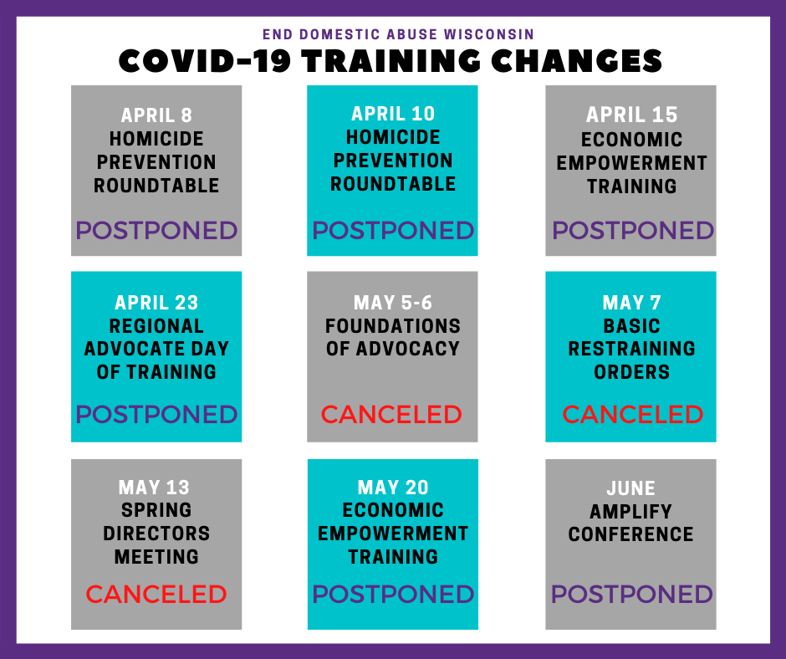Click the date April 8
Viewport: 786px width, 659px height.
[156, 115]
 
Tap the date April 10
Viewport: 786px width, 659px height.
[393, 114]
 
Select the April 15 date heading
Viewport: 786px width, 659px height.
[631, 115]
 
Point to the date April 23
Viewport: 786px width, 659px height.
[156, 303]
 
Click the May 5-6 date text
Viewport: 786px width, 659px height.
[392, 303]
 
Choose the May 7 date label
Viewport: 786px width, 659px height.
[631, 303]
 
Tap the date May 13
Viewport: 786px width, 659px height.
[154, 488]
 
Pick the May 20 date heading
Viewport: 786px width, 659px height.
[393, 488]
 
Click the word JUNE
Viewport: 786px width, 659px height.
[631, 488]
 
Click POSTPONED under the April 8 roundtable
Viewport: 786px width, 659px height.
[156, 230]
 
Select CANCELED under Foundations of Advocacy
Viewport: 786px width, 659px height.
[391, 414]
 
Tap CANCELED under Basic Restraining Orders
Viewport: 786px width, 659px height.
[633, 414]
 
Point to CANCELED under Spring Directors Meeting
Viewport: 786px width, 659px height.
[156, 595]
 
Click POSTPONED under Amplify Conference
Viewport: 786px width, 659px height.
[631, 595]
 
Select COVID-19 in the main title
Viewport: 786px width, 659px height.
[205, 61]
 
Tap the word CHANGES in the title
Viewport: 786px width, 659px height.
[576, 61]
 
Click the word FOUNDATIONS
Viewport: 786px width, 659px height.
[392, 326]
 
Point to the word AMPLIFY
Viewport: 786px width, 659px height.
[630, 512]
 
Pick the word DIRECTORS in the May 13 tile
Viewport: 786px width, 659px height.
[156, 534]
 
